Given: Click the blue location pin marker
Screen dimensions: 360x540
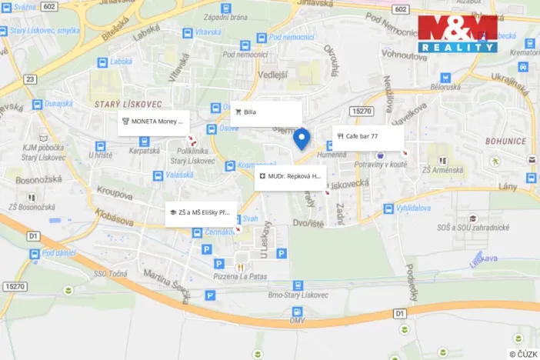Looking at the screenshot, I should [x=302, y=138].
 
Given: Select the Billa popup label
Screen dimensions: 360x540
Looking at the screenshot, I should [x=265, y=112].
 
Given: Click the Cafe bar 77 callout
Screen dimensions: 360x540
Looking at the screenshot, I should [x=368, y=136].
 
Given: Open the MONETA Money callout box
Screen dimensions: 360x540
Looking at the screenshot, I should [x=154, y=122].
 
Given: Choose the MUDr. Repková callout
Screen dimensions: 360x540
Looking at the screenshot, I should [x=290, y=177].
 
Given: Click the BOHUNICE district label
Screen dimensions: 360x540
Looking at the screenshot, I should [x=505, y=142].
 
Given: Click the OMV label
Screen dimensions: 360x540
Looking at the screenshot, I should [x=298, y=320].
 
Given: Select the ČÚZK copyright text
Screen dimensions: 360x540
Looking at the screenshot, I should [x=522, y=353].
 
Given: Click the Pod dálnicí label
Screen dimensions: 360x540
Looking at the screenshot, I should [x=59, y=253].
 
